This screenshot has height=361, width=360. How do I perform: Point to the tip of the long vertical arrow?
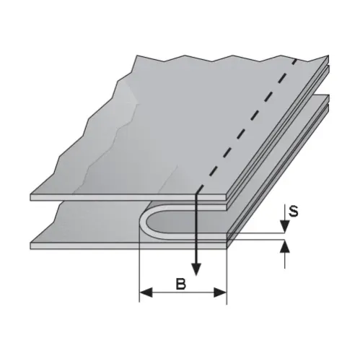tap(197, 278)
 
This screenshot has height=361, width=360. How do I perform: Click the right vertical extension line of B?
tap(227, 274)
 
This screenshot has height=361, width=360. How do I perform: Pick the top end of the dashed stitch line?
tap(295, 58)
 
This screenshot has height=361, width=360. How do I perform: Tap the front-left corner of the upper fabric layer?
tap(32, 196)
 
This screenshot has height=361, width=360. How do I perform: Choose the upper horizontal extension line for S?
tap(260, 234)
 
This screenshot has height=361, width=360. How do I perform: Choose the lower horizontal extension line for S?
tap(260, 242)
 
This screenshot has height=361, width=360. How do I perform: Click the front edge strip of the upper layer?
tap(115, 196)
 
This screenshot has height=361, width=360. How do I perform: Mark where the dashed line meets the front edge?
tap(197, 193)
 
